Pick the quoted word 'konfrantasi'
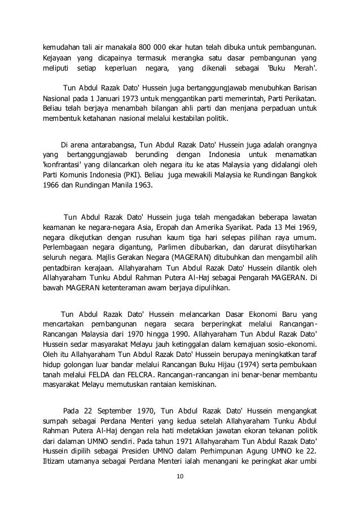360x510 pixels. click(63, 165)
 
